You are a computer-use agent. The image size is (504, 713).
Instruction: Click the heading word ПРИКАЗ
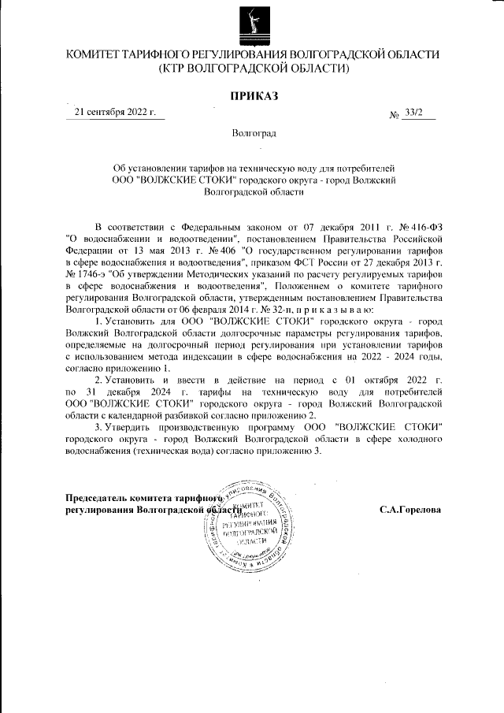252,96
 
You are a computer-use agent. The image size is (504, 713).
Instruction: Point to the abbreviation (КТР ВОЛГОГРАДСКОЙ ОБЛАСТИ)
252,69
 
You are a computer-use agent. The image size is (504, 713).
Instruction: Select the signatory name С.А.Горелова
409,510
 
